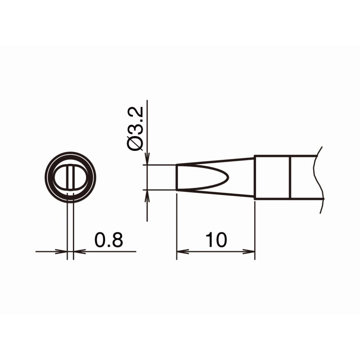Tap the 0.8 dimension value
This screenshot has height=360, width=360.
[109, 240]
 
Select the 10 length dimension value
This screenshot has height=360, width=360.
[216, 240]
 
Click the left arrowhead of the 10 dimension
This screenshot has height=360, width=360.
[182, 252]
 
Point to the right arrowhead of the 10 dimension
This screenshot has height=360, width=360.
[249, 252]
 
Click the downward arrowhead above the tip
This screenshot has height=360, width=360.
[147, 159]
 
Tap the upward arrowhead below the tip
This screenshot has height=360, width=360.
[147, 196]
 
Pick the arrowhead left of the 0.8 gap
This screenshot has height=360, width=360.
[61, 252]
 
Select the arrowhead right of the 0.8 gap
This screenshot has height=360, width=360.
[79, 252]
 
